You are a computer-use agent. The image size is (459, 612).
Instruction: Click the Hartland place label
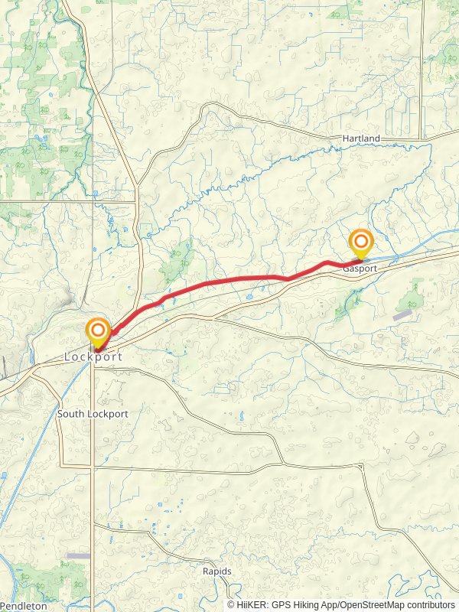(361, 138)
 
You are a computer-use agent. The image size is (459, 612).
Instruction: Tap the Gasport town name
(360, 269)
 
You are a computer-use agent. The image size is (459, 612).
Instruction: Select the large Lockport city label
(93, 356)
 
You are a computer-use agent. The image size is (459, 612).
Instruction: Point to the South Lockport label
(93, 414)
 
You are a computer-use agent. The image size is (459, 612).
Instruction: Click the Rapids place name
(216, 571)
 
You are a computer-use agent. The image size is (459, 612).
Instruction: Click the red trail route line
(229, 279)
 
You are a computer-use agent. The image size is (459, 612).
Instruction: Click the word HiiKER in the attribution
(250, 604)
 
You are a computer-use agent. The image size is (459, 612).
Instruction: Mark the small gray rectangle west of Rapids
(78, 555)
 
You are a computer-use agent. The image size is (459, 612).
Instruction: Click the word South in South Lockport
(70, 414)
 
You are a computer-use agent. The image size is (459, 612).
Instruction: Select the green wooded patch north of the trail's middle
(177, 260)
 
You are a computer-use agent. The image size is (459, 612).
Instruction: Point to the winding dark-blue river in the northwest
(90, 115)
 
